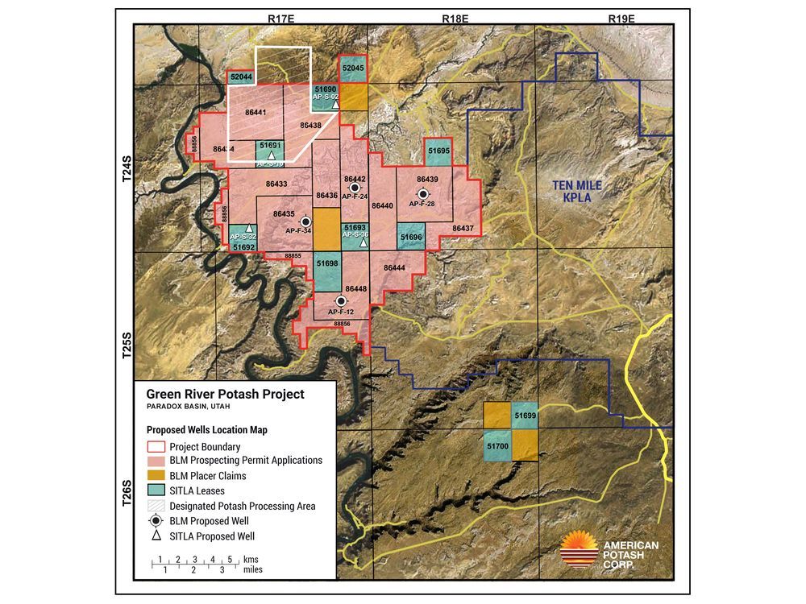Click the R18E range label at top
click(x=455, y=18)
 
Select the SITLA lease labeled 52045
click(x=354, y=70)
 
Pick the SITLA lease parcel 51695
click(x=439, y=151)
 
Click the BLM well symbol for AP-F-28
click(x=423, y=193)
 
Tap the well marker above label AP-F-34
click(x=305, y=221)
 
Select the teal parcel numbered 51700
click(x=497, y=445)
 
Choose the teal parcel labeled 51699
click(x=525, y=415)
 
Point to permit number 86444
click(x=395, y=267)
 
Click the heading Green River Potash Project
click(x=225, y=395)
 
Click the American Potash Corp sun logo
click(x=579, y=550)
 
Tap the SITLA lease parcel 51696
click(x=411, y=238)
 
